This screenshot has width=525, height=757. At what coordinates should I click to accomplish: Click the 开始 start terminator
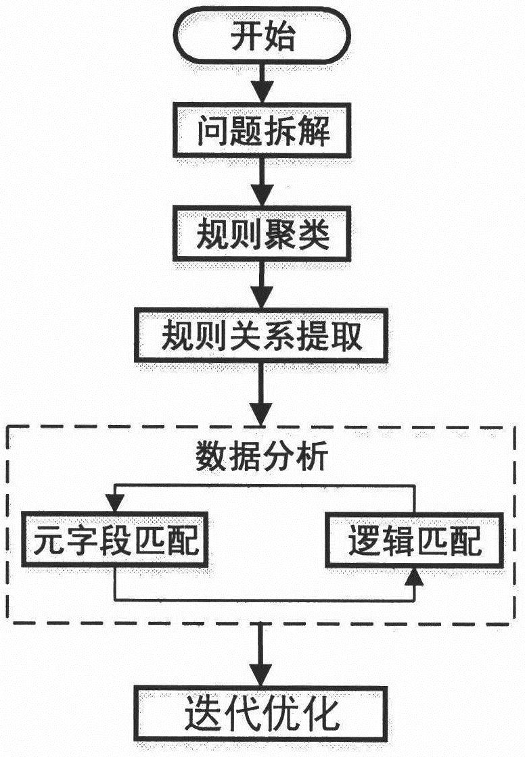[262, 38]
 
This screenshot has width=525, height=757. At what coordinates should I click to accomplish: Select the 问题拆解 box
[262, 131]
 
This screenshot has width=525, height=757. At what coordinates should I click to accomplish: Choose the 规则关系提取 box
[262, 336]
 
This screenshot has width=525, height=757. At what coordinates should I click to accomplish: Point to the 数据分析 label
[262, 458]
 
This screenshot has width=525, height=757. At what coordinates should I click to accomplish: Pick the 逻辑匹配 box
[414, 542]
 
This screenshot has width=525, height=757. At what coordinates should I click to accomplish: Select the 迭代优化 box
[262, 714]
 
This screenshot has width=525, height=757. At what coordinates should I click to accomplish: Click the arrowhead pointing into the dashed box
[262, 413]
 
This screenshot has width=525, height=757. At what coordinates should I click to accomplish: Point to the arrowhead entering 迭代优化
[262, 675]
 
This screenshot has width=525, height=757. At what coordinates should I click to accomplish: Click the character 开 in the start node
[245, 38]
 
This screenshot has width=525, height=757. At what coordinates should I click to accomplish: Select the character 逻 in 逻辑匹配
[364, 542]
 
